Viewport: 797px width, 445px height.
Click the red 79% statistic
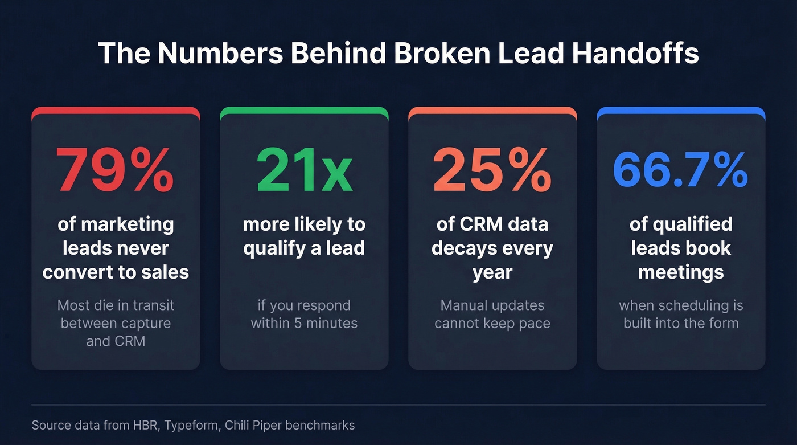coord(115,171)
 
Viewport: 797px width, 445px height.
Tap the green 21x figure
coord(304,171)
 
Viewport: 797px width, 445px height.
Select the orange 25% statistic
coord(492,171)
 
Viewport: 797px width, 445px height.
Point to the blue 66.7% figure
coord(680,171)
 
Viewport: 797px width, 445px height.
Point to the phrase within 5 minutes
coord(304,324)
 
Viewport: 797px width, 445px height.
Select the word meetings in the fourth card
coord(681,272)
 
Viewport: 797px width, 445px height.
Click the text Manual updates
coord(492,305)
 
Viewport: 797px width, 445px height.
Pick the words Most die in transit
coord(116,305)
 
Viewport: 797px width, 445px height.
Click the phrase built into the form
coord(681,324)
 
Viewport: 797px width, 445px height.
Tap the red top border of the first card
coord(116,110)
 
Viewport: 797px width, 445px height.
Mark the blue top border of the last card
coord(681,110)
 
